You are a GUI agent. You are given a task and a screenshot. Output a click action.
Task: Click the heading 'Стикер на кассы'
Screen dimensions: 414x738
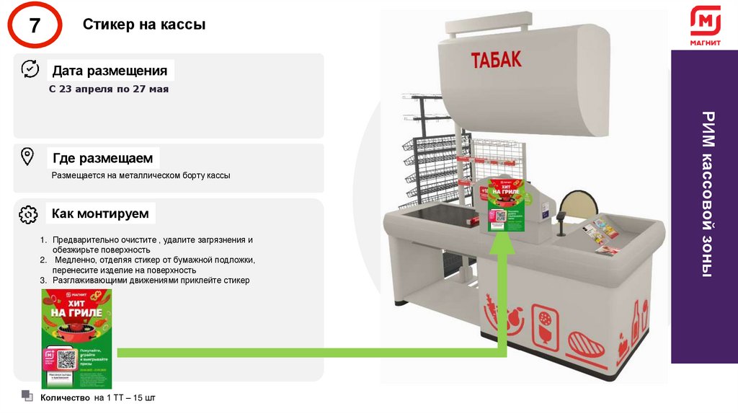pos(144,25)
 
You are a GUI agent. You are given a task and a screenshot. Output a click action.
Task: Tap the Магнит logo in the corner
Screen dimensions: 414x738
pos(705,27)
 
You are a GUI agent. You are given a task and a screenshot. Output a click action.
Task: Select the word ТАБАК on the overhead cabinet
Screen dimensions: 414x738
pos(497,60)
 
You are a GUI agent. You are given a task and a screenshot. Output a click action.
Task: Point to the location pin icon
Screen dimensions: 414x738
pos(27,157)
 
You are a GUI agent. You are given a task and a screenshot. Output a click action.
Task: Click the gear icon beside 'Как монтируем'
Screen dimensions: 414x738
pos(28,213)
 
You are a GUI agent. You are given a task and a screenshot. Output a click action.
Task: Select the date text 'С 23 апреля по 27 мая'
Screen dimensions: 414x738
pos(108,89)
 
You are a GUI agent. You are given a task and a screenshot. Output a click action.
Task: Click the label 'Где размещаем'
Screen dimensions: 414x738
pos(102,158)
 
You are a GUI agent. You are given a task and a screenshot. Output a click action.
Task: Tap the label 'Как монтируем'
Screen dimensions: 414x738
pos(100,213)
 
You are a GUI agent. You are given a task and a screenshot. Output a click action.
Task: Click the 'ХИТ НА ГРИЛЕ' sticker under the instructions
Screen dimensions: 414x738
pos(76,338)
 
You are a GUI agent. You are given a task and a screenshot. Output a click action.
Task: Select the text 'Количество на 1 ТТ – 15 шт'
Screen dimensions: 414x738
pos(98,397)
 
